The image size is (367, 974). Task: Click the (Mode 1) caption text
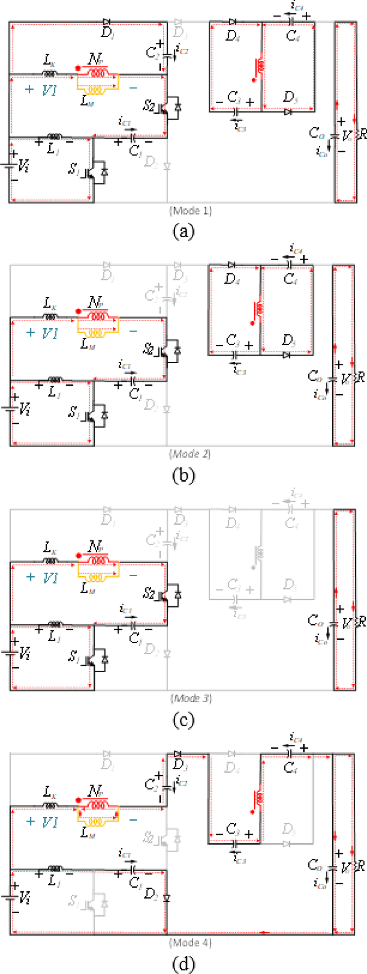pos(191,211)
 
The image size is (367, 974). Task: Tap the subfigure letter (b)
pos(183,475)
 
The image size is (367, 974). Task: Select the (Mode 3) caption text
pos(191,698)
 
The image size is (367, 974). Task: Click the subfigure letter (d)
pos(183,963)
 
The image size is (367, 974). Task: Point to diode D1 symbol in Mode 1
pos(107,22)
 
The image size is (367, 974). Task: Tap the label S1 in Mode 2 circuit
pos(74,412)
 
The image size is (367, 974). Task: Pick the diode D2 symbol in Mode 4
pos(167,898)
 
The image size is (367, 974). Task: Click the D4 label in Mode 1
pos(232,36)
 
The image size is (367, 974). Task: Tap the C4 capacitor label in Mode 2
pos(290,279)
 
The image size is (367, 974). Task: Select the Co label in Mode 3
pos(315,621)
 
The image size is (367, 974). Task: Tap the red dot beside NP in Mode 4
pos(78,800)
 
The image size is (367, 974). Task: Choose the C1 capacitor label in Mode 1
pos(135,151)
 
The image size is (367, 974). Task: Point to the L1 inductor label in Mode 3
pos(53,636)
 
